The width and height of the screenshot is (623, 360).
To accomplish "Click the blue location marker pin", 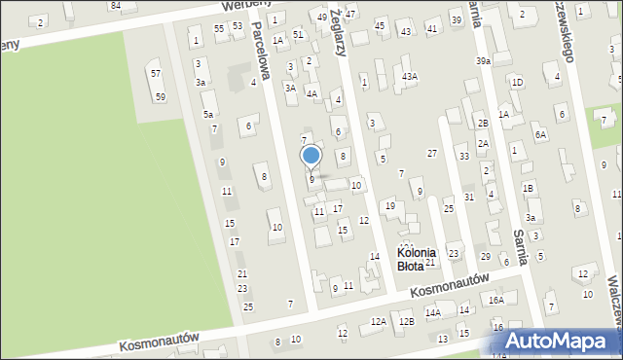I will click(x=311, y=156).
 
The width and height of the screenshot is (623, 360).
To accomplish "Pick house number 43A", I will click(x=411, y=76).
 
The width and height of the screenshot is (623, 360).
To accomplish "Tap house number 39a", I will click(x=483, y=61).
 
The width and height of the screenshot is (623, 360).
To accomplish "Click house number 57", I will click(x=155, y=74).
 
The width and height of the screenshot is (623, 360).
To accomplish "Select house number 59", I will click(x=160, y=96).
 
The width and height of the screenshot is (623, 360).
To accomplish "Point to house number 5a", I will click(x=208, y=115).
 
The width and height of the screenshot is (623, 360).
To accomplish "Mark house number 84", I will click(x=116, y=5).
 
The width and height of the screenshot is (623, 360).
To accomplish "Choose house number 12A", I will click(x=379, y=321).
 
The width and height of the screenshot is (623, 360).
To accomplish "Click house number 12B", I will click(x=407, y=321).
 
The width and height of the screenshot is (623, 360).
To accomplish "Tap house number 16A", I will click(x=496, y=300).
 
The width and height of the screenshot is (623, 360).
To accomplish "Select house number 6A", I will click(x=540, y=136).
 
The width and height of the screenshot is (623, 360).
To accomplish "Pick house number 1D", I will click(x=517, y=82).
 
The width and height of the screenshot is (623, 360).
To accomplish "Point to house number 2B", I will click(x=483, y=124).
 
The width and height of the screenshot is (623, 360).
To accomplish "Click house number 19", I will click(x=389, y=205).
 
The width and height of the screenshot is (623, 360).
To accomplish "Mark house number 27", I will click(x=432, y=153).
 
